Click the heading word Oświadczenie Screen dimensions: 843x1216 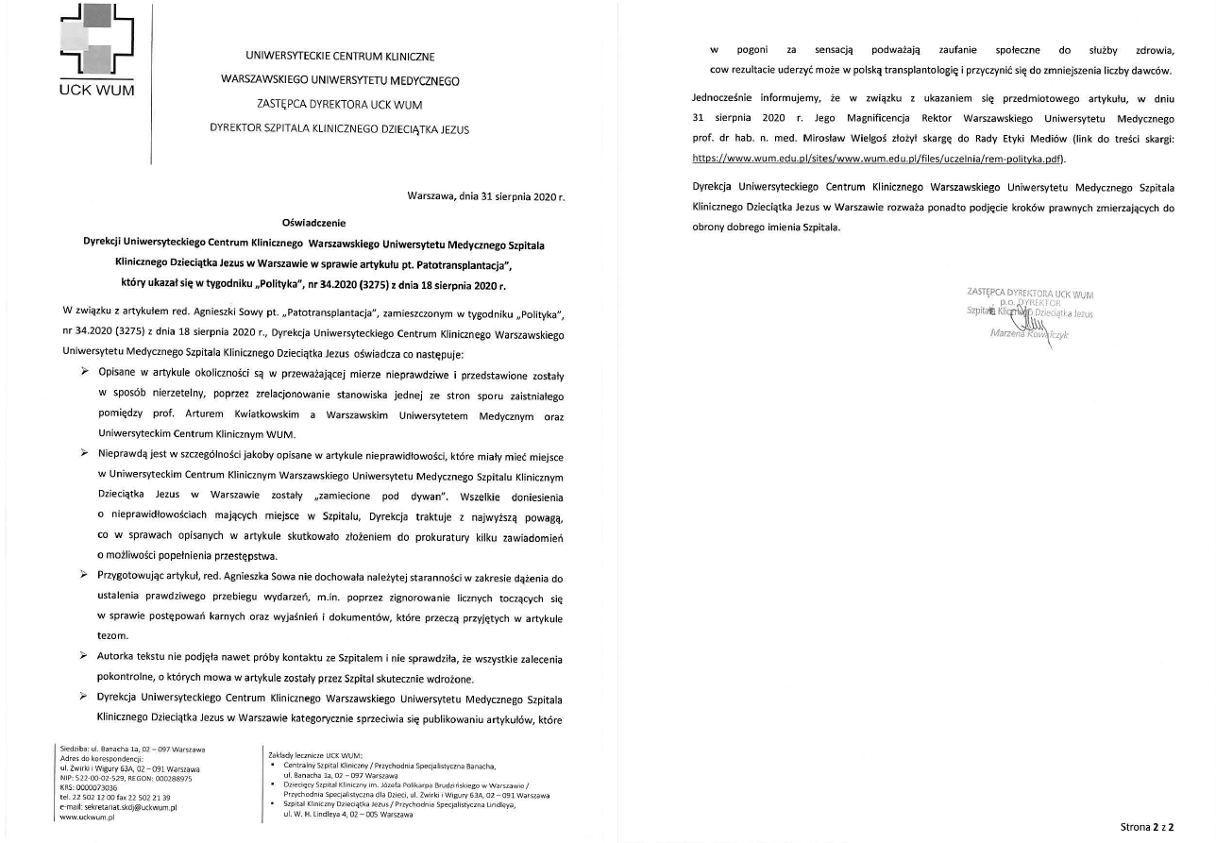314,223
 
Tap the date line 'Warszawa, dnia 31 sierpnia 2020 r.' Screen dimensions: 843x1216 485,197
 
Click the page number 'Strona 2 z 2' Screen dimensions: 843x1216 1147,826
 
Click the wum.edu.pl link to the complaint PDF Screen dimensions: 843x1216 878,159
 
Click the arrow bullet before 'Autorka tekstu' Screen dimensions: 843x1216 85,654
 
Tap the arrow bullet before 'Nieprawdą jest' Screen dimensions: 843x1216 85,454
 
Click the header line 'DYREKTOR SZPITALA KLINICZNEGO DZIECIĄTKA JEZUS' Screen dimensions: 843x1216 339,129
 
